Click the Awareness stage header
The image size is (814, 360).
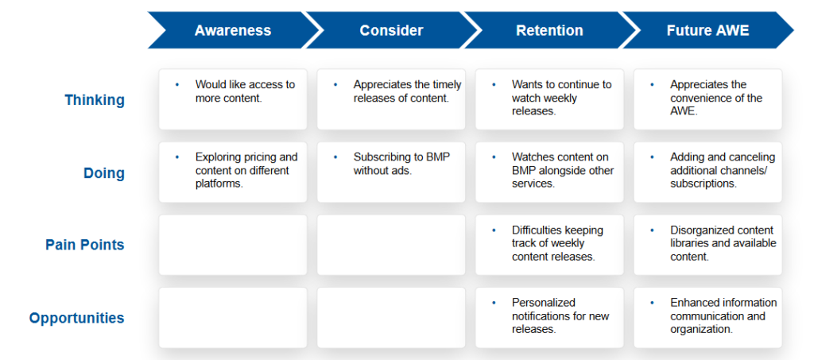pyautogui.click(x=233, y=30)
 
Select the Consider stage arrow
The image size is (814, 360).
pyautogui.click(x=391, y=30)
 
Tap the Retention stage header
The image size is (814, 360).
pyautogui.click(x=549, y=30)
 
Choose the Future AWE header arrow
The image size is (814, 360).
pyautogui.click(x=707, y=30)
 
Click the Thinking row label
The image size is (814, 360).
pyautogui.click(x=95, y=100)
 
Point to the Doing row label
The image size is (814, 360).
pyautogui.click(x=104, y=172)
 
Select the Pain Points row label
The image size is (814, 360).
pyautogui.click(x=84, y=245)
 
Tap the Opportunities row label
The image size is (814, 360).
pyautogui.click(x=77, y=317)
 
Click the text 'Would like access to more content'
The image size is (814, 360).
pyautogui.click(x=245, y=91)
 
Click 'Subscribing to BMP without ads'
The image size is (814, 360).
pyautogui.click(x=401, y=164)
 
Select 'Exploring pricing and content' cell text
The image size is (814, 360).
pyautogui.click(x=246, y=171)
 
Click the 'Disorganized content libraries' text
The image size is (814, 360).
pyautogui.click(x=723, y=243)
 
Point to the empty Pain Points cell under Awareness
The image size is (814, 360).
pyautogui.click(x=233, y=245)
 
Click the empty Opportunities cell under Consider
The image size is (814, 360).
pyautogui.click(x=391, y=317)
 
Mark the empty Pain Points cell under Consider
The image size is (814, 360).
pyautogui.click(x=391, y=245)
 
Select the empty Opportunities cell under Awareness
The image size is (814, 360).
pyautogui.click(x=233, y=317)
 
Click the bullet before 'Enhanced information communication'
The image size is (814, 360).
pyautogui.click(x=652, y=303)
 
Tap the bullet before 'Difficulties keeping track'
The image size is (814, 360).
pyautogui.click(x=494, y=230)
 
